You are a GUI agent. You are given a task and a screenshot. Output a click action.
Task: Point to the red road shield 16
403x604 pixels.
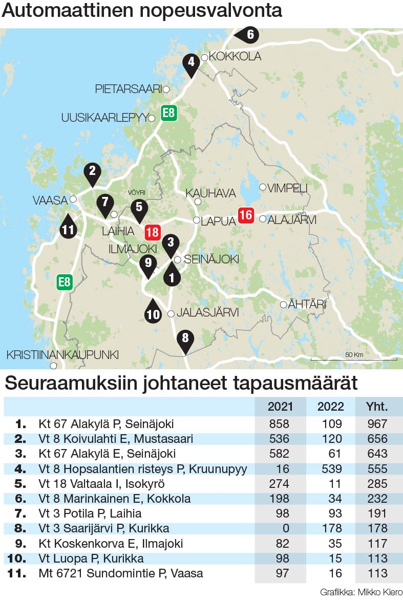click(246, 215)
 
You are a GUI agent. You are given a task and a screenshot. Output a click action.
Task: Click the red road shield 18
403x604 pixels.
click(152, 233)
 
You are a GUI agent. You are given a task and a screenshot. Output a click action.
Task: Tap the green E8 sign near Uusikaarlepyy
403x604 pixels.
click(168, 113)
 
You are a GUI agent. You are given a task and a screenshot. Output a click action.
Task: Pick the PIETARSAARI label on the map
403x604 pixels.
click(129, 89)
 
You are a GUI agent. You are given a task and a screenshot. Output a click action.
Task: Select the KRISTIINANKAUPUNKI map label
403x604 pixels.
click(62, 354)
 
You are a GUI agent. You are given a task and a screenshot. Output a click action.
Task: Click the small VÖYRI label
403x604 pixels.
click(137, 192)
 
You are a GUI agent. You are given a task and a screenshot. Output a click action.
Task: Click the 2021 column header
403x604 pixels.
click(280, 407)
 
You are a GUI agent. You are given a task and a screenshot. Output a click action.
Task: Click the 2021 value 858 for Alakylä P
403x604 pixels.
click(280, 424)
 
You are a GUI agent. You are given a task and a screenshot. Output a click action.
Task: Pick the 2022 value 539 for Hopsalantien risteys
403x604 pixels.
click(330, 469)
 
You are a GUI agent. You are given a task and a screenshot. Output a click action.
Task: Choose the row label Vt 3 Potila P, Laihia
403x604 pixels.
click(90, 513)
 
